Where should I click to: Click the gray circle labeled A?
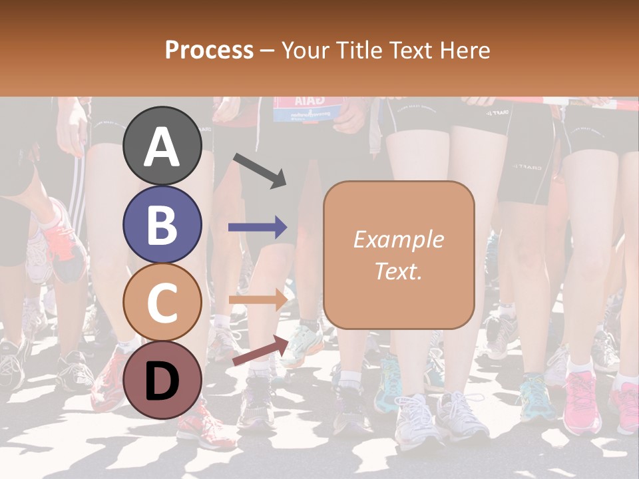162,146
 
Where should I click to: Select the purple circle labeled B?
162,225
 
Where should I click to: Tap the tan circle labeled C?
162,303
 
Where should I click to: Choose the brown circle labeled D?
162,381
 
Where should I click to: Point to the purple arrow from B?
258,228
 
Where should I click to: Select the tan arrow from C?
259,299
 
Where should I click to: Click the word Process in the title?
209,50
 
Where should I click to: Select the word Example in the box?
398,239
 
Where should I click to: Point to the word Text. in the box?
398,271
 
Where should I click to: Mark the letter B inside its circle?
162,225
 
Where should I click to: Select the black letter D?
162,381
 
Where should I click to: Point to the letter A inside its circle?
162,146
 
